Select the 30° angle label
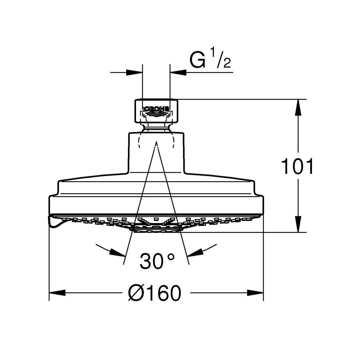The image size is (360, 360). click(157, 261)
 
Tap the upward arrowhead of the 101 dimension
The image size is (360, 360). click(298, 107)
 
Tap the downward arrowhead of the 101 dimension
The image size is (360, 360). click(298, 224)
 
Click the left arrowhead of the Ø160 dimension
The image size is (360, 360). click(57, 293)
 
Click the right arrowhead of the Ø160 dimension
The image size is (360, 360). click(255, 293)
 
